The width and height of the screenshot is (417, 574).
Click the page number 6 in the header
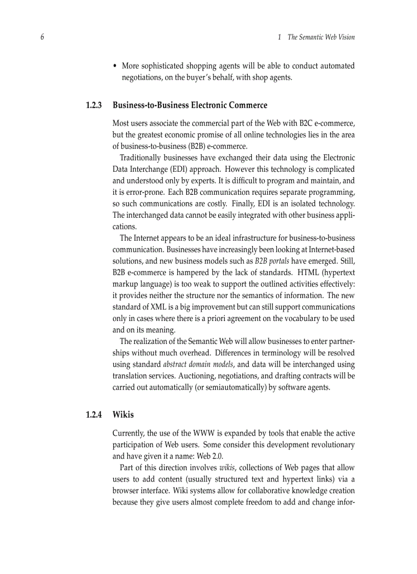point(42,37)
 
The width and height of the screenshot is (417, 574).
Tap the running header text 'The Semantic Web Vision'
point(321,37)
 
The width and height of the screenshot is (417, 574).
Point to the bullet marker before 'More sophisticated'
point(115,66)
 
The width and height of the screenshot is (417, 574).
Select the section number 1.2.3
point(94,105)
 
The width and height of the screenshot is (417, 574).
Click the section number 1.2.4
point(94,415)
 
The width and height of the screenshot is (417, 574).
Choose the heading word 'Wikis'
point(123,415)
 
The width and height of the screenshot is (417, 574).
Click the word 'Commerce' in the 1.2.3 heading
point(248,105)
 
